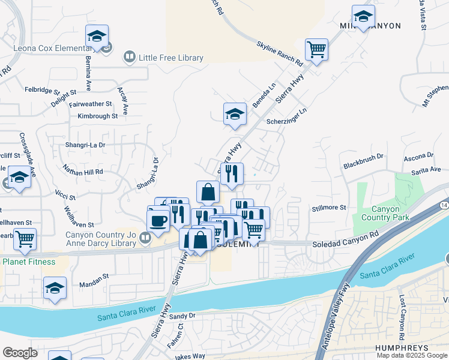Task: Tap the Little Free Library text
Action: click(171, 58)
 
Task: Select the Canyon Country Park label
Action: click(381, 213)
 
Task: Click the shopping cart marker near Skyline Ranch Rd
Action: click(316, 49)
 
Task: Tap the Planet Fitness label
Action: click(29, 262)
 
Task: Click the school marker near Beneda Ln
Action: click(235, 113)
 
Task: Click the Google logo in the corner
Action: click(20, 353)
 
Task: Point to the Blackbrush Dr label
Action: click(363, 164)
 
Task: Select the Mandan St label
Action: click(94, 277)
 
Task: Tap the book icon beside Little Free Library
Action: click(129, 58)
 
